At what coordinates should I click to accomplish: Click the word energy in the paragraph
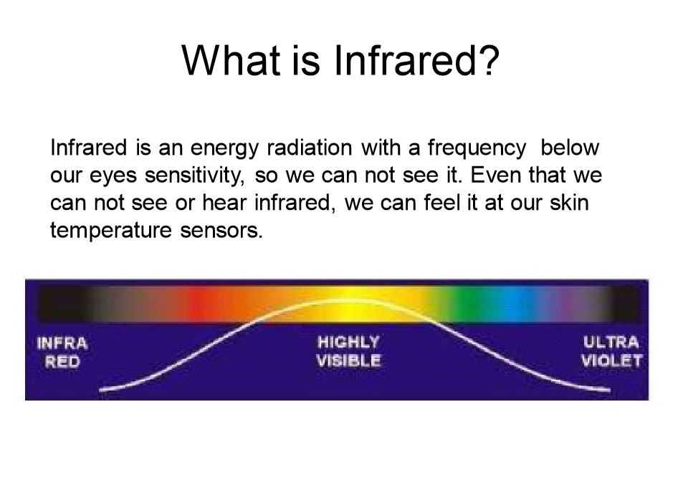[224, 149]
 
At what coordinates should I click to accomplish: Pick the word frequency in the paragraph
[477, 149]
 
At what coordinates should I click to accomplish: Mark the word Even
[495, 175]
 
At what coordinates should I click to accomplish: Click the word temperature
[111, 231]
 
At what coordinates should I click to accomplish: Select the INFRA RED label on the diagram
[62, 353]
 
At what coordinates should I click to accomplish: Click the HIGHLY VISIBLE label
[348, 351]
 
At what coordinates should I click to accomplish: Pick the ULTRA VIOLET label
[611, 351]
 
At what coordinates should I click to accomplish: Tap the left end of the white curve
[100, 391]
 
